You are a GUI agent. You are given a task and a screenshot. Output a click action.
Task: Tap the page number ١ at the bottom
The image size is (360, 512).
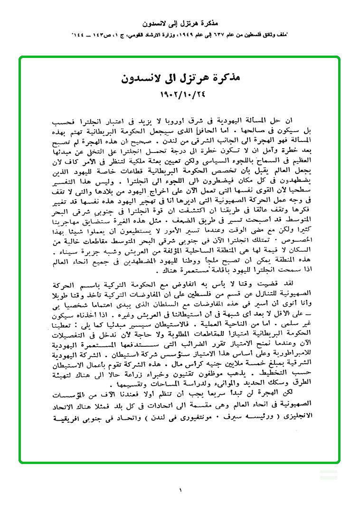pyautogui.click(x=180, y=490)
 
